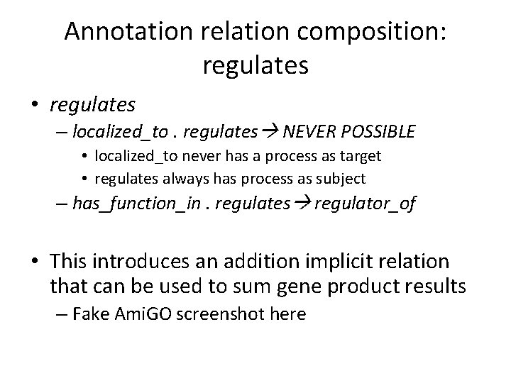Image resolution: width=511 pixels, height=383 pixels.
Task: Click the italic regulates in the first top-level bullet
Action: pyautogui.click(x=92, y=105)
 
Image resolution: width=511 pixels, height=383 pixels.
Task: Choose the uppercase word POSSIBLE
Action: pyautogui.click(x=378, y=131)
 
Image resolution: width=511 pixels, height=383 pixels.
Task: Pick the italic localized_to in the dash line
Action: pyautogui.click(x=110, y=131)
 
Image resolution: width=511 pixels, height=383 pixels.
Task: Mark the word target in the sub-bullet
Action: pyautogui.click(x=359, y=155)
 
